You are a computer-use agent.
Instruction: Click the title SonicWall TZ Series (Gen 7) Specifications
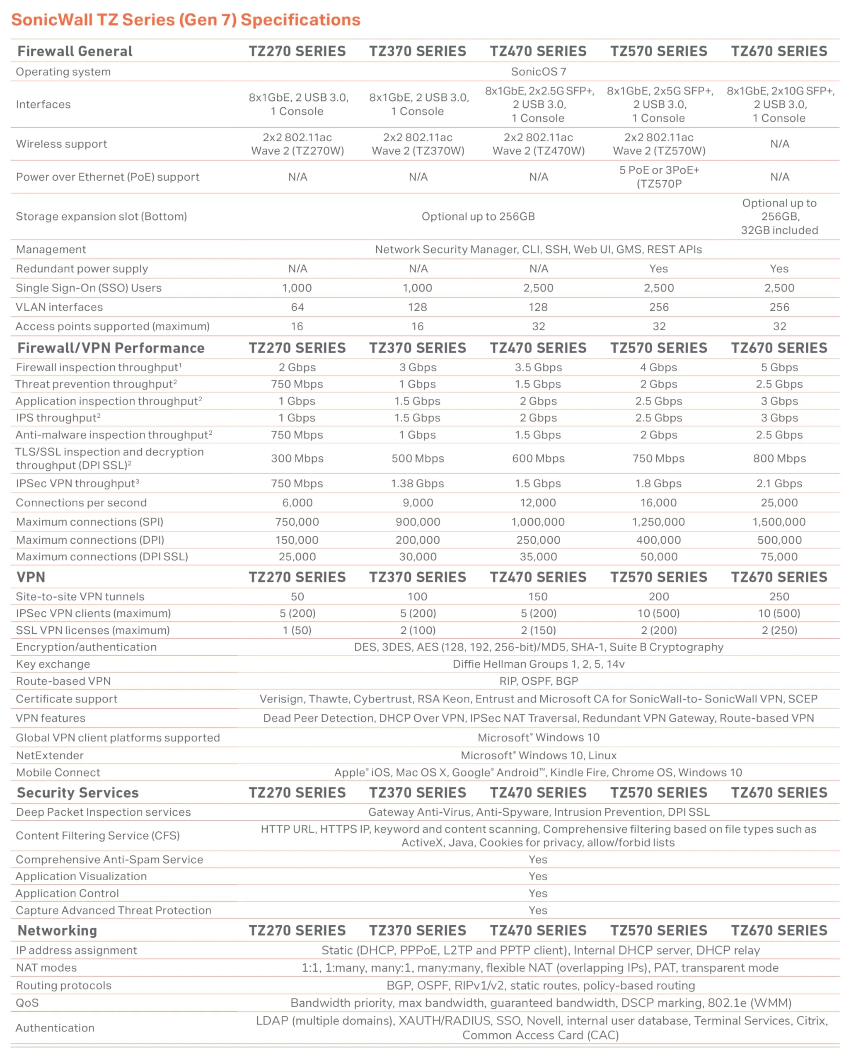186,19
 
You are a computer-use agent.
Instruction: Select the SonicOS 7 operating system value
538,72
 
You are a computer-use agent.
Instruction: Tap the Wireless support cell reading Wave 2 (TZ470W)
538,150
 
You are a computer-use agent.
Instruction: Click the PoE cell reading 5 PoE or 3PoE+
659,170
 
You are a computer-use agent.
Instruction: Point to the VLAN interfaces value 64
297,307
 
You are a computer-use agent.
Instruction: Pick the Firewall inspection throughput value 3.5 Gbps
538,367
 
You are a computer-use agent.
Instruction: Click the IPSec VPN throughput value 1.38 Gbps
417,483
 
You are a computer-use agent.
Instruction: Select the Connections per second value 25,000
779,502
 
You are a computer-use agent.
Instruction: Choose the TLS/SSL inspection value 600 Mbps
538,458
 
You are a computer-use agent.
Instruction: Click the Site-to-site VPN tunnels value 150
538,596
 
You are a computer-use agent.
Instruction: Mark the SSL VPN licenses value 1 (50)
297,630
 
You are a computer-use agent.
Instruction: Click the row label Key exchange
53,664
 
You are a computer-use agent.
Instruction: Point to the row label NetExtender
50,756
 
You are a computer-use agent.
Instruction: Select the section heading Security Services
78,793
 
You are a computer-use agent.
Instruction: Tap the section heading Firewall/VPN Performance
111,348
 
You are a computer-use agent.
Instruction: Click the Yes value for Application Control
538,893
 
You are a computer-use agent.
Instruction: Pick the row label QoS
27,1003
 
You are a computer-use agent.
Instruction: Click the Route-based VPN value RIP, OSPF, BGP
538,681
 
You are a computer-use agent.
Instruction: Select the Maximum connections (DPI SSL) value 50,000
659,557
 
